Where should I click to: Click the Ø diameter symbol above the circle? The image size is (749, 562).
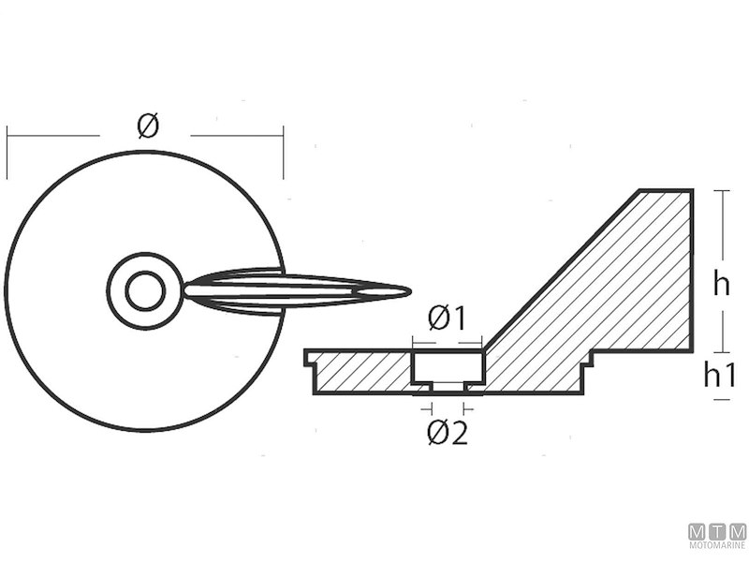point(148,126)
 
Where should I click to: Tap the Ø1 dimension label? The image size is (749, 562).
point(447,318)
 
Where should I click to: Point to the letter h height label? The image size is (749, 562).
point(720,284)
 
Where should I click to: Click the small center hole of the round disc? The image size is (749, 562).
point(144,290)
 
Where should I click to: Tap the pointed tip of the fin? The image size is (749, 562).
point(408,290)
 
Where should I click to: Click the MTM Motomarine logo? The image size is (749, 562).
point(717,537)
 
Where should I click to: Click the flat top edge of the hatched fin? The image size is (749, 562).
point(666,191)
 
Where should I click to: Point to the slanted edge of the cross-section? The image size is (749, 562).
point(562,271)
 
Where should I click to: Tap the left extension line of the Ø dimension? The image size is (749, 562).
point(7,155)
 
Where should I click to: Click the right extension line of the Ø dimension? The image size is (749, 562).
point(283,155)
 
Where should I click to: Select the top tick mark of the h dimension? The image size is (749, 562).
point(721,191)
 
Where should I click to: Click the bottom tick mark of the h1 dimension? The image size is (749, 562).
point(721,400)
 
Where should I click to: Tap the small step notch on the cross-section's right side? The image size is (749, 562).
point(589,361)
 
